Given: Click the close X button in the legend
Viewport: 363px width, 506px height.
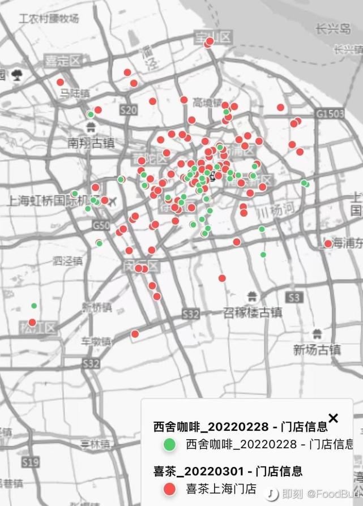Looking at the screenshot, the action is point(333,418).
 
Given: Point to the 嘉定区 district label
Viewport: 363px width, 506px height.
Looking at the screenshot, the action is point(63,59).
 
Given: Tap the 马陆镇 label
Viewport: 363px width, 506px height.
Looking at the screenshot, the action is point(75,93).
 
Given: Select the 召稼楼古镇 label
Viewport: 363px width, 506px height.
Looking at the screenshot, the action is point(252,312).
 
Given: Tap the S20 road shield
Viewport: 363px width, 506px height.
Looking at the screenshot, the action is point(129,110).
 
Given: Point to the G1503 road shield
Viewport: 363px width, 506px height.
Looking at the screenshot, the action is point(330,114).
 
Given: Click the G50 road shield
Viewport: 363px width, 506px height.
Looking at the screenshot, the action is point(101,225).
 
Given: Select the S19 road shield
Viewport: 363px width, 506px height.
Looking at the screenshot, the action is point(31,462).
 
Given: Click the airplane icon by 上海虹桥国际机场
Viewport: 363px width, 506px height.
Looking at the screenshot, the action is point(112,201).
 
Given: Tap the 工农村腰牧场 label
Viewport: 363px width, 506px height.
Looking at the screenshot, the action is point(49,18).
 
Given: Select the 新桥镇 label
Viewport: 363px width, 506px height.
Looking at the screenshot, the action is point(94,307).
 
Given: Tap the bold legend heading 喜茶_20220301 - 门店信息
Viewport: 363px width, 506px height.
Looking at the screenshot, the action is point(228,471).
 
